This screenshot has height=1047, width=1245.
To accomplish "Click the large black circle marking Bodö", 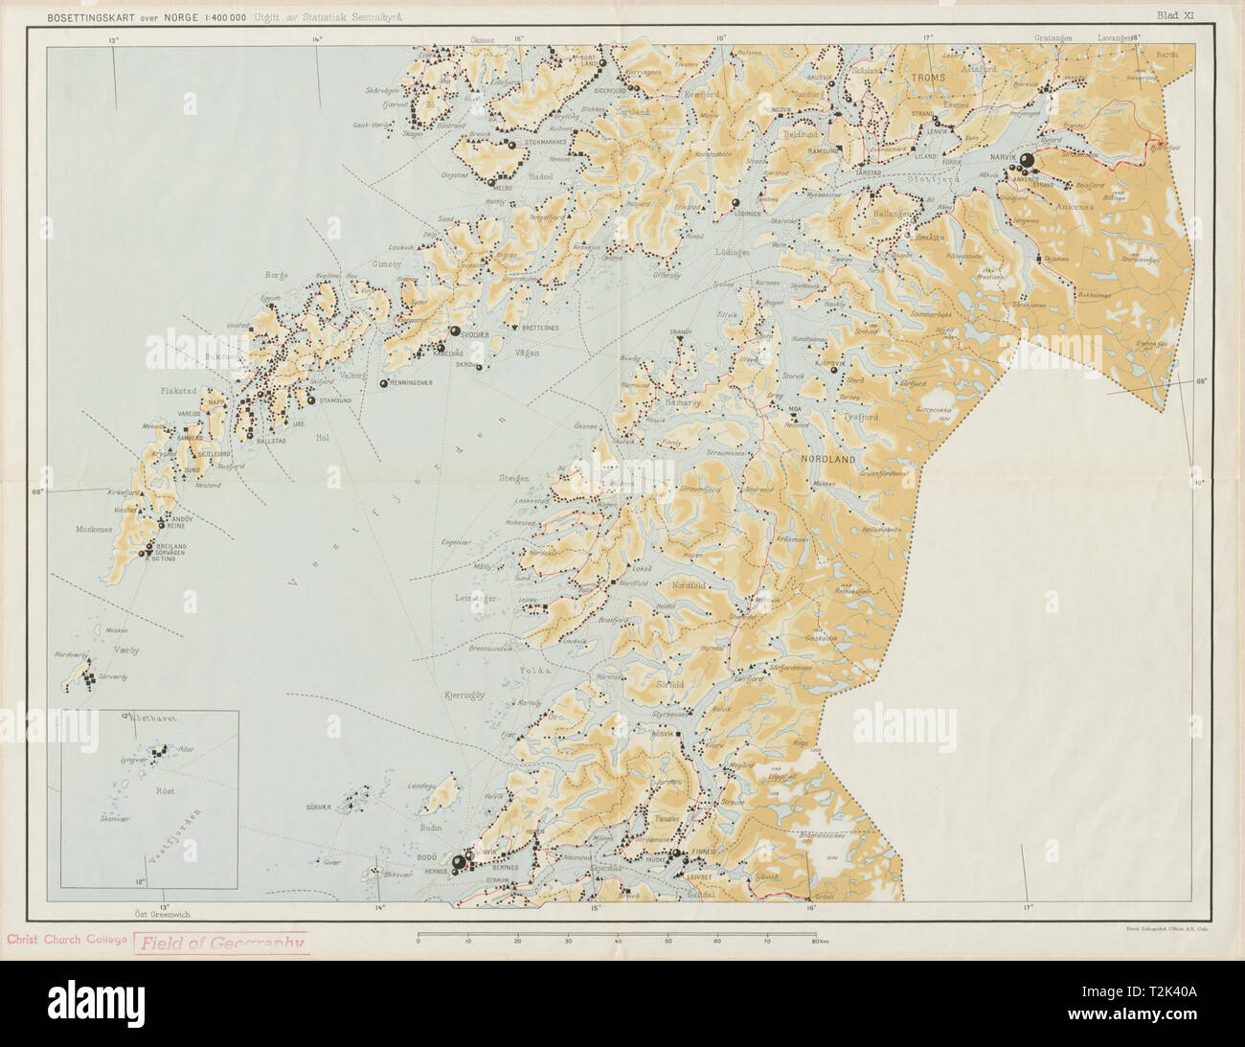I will pyautogui.click(x=458, y=863).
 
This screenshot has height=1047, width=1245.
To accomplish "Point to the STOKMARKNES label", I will pyautogui.click(x=547, y=143).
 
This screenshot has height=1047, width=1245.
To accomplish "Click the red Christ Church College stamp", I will pyautogui.click(x=67, y=940).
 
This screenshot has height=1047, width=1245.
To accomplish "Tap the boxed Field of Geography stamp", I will pyautogui.click(x=222, y=942).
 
